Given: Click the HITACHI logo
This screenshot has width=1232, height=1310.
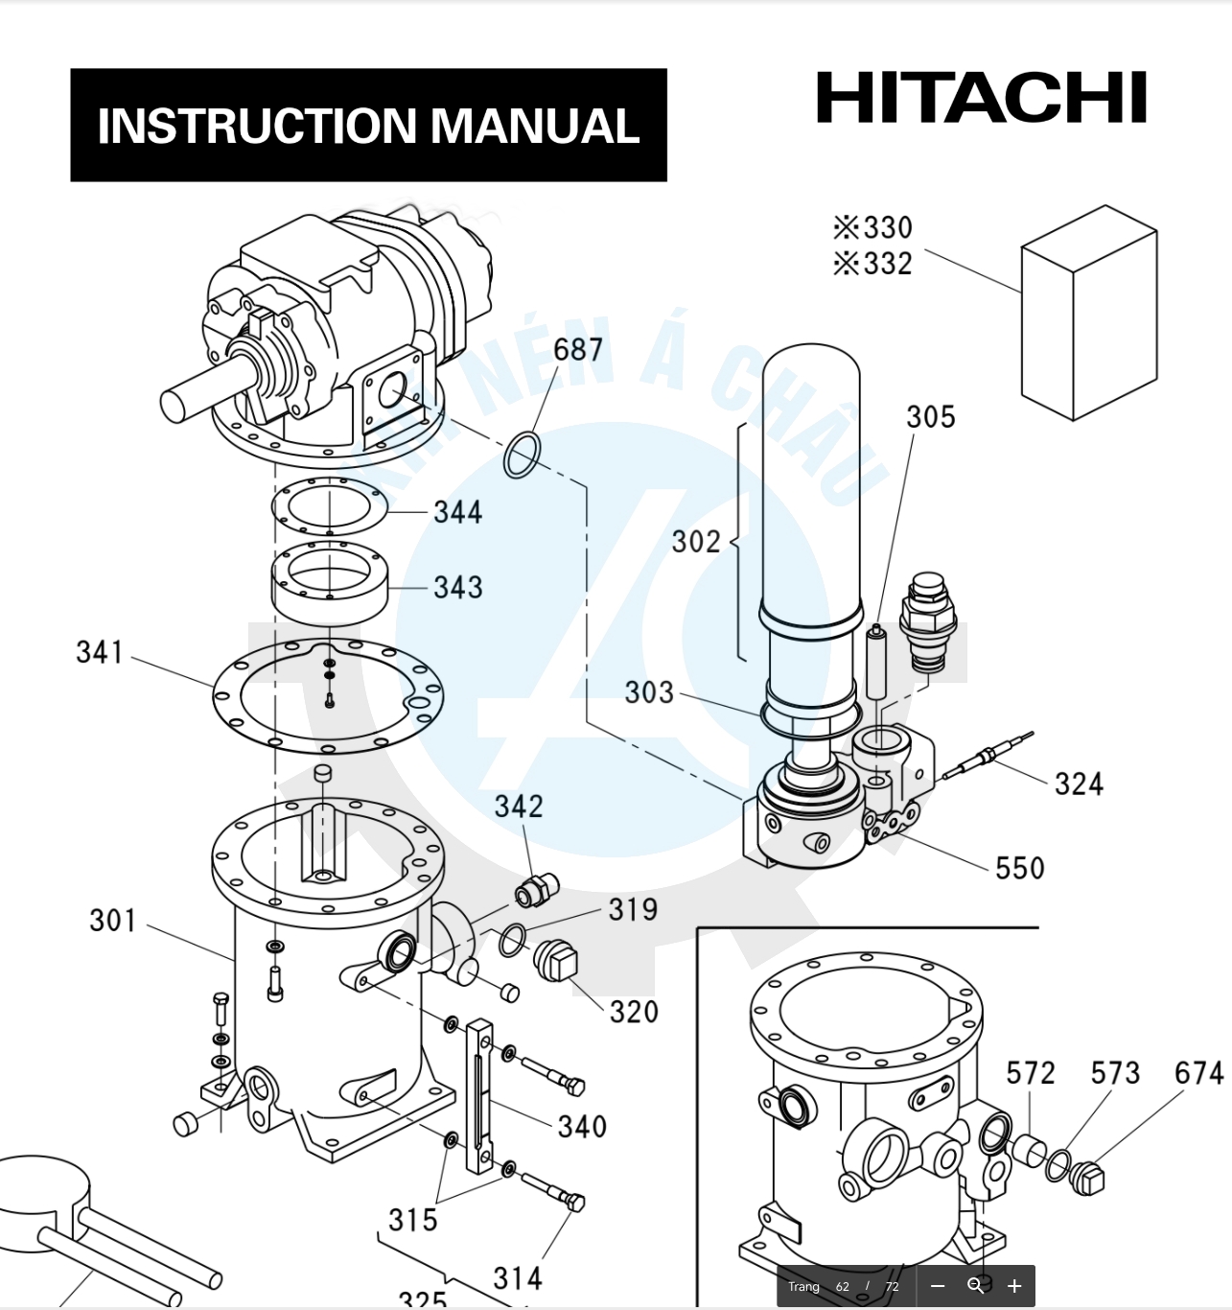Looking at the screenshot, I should (981, 98).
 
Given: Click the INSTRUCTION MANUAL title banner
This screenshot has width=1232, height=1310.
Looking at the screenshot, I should (368, 126).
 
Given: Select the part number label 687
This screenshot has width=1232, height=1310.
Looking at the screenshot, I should (578, 350).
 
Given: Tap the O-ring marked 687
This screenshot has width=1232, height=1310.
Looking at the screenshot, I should (521, 455).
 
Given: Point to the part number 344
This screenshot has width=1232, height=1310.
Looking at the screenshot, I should (457, 512).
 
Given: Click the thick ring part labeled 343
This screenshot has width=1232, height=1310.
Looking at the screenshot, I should (329, 583).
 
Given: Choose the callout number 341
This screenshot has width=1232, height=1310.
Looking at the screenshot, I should (100, 653).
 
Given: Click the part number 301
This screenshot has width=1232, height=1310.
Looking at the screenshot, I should (113, 921).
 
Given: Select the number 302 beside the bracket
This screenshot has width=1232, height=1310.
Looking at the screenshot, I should (695, 542).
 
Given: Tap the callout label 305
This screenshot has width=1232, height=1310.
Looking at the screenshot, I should (930, 417).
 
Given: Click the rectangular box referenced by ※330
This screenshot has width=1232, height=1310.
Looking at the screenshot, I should (1088, 314).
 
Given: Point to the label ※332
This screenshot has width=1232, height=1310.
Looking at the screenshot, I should (872, 264).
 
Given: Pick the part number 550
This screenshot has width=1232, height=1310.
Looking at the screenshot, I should (1019, 868).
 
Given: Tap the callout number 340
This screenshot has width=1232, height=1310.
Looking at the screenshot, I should (582, 1126).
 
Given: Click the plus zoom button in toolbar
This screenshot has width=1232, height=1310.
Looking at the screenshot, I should (1014, 1286).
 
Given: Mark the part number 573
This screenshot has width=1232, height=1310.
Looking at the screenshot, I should (1115, 1073).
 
